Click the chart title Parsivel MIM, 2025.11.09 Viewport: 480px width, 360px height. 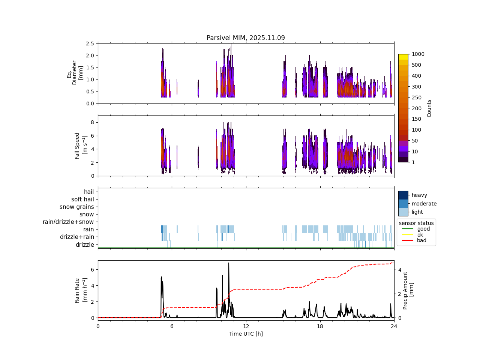tap(246, 38)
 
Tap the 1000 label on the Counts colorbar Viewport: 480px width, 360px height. tap(418, 54)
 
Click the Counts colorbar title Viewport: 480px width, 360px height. tap(429, 108)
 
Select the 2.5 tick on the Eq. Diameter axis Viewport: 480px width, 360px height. tap(90, 43)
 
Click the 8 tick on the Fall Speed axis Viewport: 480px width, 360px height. tap(92, 122)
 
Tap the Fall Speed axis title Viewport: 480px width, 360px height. tap(80, 145)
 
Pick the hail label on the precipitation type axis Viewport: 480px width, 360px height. tap(89, 192)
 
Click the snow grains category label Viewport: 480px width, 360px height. tap(77, 207)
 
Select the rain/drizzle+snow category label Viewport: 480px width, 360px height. tap(68, 222)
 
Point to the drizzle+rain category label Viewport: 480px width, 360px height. tap(77, 237)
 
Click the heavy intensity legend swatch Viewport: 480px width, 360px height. tap(403, 195)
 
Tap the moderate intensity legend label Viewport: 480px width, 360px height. tap(424, 204)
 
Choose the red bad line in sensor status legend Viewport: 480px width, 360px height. tap(406, 240)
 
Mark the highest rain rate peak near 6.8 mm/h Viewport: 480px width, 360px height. tap(229, 263)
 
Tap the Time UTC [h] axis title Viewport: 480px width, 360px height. tap(246, 334)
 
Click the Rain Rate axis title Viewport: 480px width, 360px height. tap(80, 290)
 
